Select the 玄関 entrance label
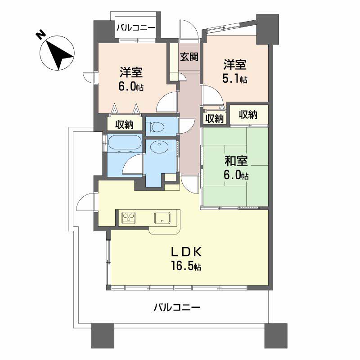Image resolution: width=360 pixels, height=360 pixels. pos(189,57)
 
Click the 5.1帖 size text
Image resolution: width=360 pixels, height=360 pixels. pos(234,79)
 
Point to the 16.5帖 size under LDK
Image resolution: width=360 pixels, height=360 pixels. pos(186,266)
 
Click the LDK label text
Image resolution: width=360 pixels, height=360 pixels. pos(186,252)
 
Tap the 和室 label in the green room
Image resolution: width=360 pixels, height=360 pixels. pos(236,161)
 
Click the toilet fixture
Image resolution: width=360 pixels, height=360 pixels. pos(156,126)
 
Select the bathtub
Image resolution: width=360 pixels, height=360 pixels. pos(124,143)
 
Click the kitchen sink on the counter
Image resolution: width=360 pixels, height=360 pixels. pos(162,218)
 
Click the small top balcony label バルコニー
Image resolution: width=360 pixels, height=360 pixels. pos(136,28)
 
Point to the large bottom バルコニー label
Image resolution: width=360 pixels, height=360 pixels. pos(177,307)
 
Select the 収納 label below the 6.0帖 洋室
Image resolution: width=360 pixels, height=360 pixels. pos(124,125)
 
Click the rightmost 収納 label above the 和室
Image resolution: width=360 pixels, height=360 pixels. pos(248,114)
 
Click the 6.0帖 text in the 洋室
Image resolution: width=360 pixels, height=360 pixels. pos(131,87)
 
